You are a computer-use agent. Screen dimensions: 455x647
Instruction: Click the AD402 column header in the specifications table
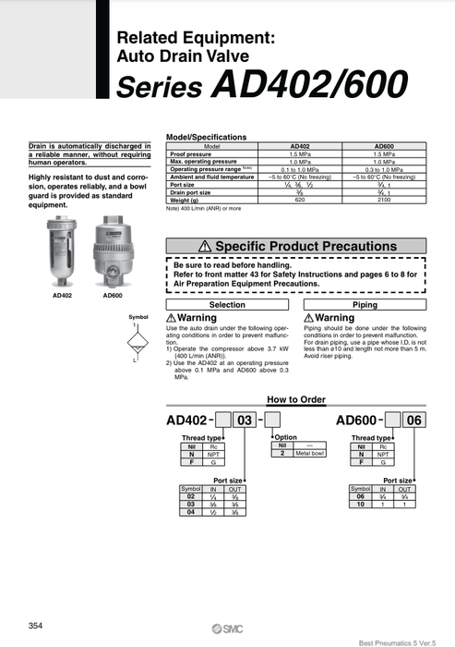[300, 146]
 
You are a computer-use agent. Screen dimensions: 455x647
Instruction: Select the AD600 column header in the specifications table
[384, 146]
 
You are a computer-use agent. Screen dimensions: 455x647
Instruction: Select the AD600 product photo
[112, 260]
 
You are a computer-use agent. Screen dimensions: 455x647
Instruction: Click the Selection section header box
[227, 304]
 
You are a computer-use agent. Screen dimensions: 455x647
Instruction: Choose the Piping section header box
[365, 304]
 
